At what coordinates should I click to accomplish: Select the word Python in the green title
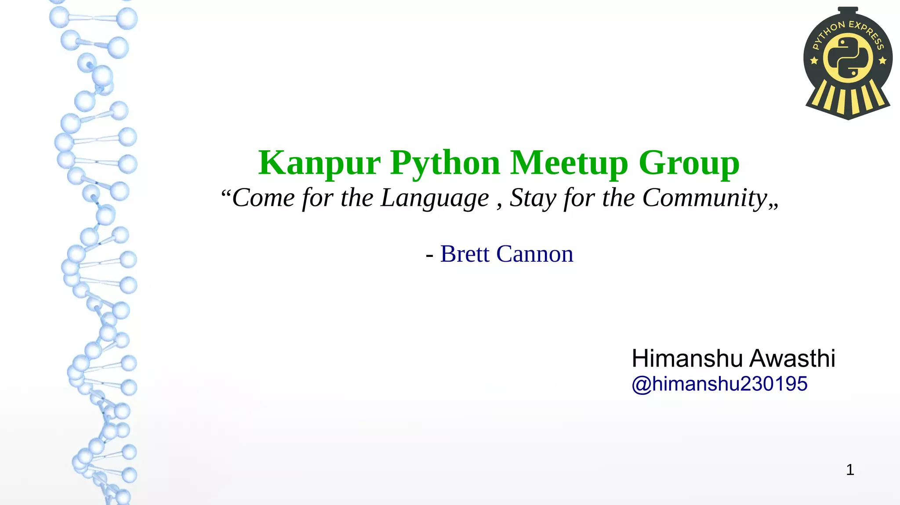click(445, 163)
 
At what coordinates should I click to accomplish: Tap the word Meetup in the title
click(569, 163)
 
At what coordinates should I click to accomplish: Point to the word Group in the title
click(689, 163)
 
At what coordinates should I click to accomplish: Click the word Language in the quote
click(434, 198)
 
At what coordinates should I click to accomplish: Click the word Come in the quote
click(263, 198)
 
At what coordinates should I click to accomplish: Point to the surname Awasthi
click(792, 358)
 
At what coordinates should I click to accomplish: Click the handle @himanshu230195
click(719, 384)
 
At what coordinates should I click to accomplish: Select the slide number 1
click(850, 470)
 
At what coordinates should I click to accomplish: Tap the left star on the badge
click(814, 61)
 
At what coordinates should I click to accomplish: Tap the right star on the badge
click(882, 61)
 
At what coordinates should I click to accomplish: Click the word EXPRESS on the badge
click(867, 33)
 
